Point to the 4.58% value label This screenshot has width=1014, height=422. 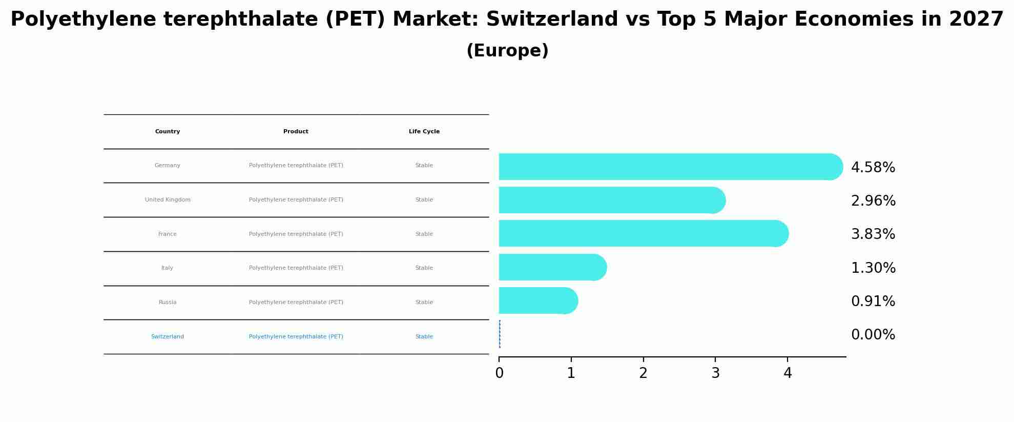click(x=873, y=168)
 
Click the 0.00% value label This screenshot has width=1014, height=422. click(x=873, y=335)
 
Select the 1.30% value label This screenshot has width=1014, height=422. click(x=873, y=268)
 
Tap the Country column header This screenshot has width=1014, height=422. click(x=168, y=132)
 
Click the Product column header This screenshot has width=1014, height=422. click(x=296, y=132)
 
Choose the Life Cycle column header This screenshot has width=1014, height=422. click(x=424, y=132)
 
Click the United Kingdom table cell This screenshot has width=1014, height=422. click(x=168, y=200)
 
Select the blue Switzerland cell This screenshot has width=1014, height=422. click(x=168, y=337)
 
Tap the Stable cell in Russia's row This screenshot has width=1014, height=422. click(x=424, y=303)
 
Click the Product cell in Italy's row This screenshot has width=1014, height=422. click(x=296, y=268)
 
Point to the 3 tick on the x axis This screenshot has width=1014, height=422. click(x=715, y=373)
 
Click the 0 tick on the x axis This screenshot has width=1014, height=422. click(x=499, y=373)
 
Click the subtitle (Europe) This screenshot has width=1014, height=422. click(x=507, y=51)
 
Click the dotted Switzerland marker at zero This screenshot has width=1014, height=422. click(x=500, y=334)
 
